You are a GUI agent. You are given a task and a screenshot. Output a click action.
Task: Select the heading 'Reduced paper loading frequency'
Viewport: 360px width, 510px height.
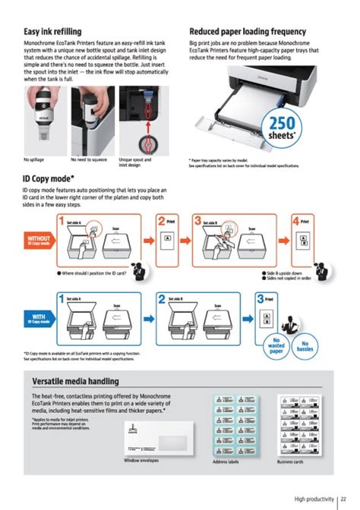(248, 31)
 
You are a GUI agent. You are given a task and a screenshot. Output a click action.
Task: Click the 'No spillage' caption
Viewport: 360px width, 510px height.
(34, 159)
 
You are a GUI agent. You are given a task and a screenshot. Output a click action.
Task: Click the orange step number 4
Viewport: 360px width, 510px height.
(296, 222)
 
